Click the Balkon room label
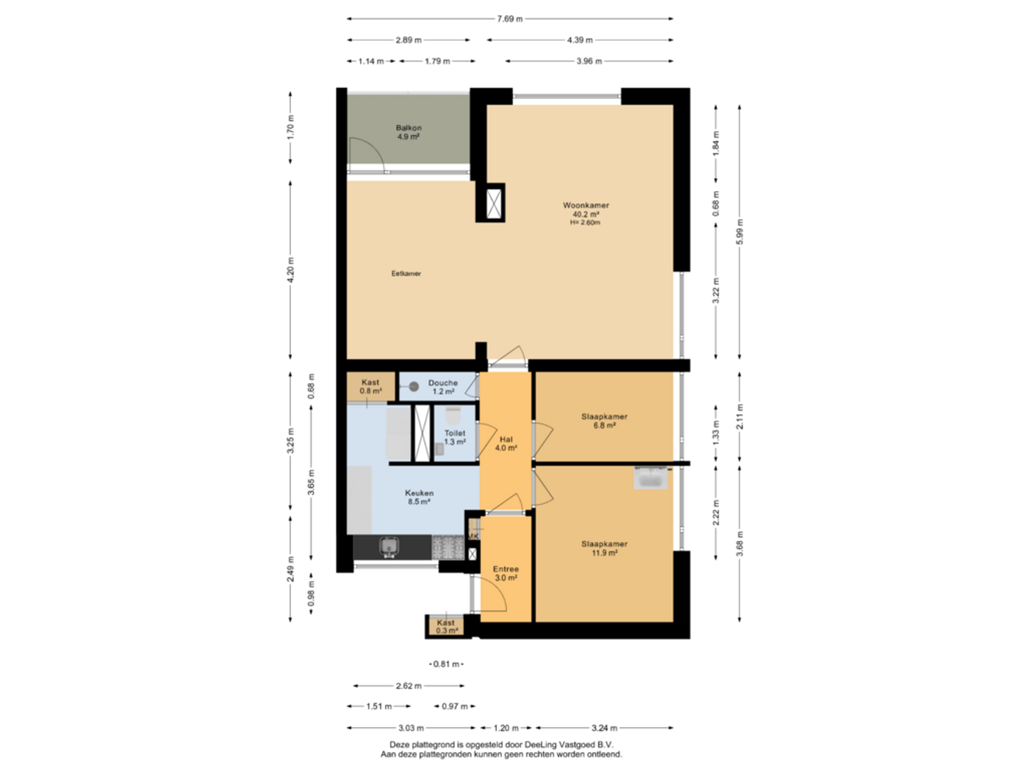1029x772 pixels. pyautogui.click(x=408, y=132)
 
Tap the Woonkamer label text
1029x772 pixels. pyautogui.click(x=585, y=205)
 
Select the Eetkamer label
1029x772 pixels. pyautogui.click(x=406, y=273)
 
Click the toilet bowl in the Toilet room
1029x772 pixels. pyautogui.click(x=453, y=415)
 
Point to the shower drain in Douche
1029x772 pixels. pyautogui.click(x=414, y=387)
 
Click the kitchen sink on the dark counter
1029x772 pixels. pyautogui.click(x=389, y=546)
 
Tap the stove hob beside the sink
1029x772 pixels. pyautogui.click(x=448, y=547)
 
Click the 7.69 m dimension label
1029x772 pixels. pyautogui.click(x=509, y=19)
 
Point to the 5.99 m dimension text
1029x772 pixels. pyautogui.click(x=740, y=232)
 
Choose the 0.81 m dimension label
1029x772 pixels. pyautogui.click(x=447, y=664)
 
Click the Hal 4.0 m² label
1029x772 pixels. pyautogui.click(x=506, y=443)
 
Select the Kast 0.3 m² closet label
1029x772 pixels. pyautogui.click(x=447, y=627)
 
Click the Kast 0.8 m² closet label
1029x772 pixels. pyautogui.click(x=370, y=387)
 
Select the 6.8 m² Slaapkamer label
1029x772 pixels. pyautogui.click(x=605, y=421)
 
